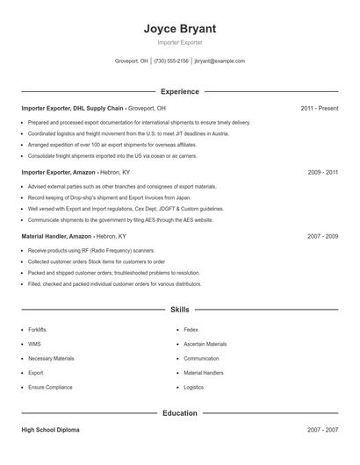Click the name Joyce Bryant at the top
(x=179, y=28)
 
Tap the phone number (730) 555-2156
(x=171, y=61)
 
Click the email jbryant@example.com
(x=220, y=61)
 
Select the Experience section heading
(x=179, y=91)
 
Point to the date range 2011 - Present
(x=319, y=108)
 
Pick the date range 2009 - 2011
(x=323, y=173)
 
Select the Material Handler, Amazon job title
(x=58, y=237)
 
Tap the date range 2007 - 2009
(x=323, y=237)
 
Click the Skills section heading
(x=179, y=309)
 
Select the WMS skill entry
(x=34, y=344)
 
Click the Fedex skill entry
(x=191, y=330)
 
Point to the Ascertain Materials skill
(x=205, y=344)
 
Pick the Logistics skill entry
(x=193, y=387)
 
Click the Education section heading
(x=179, y=412)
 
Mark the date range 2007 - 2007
(x=323, y=430)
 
